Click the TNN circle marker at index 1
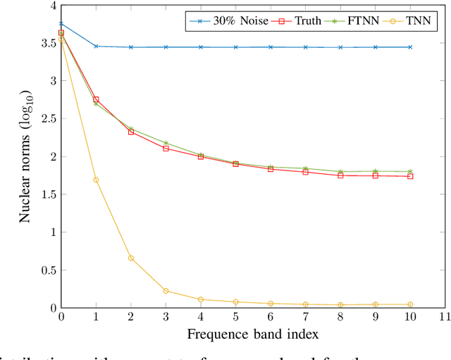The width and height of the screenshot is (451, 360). click(x=96, y=180)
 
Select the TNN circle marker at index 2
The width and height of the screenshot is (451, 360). click(x=131, y=258)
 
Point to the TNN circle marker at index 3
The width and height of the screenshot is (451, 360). click(x=166, y=291)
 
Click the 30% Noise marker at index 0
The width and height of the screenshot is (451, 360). click(x=61, y=23)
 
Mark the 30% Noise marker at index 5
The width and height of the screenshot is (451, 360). click(x=235, y=47)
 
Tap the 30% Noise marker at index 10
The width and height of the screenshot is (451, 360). click(x=410, y=47)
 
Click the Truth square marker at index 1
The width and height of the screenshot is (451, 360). click(x=96, y=99)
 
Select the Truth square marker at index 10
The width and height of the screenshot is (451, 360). click(x=410, y=176)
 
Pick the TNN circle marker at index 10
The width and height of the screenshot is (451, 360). click(x=410, y=304)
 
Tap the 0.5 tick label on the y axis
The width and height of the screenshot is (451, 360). click(x=47, y=270)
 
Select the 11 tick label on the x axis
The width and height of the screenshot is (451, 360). click(x=445, y=318)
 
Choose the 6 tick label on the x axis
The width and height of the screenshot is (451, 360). click(x=271, y=318)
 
